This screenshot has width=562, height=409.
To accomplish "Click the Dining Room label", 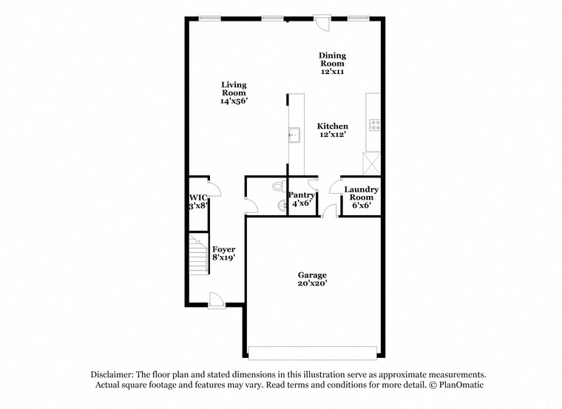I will coord(332,59).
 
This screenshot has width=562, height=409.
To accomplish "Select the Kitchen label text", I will coord(333,126).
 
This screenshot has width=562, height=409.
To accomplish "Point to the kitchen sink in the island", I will coord(294,135).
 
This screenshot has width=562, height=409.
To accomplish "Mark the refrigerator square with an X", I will coord(371,162).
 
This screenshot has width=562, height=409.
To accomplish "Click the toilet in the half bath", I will coord(277,187).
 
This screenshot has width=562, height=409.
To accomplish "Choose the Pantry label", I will coord(302,195).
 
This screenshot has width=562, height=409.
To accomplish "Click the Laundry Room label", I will coord(362,194).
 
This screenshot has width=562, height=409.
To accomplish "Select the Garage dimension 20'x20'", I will coord(312,283).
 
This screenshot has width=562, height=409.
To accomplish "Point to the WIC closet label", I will coord(197,197).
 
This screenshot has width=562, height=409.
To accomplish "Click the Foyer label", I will coord(223,249).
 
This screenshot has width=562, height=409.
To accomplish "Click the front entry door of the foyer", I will coord(216,299).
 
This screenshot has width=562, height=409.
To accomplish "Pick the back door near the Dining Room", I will coord(322,23).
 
